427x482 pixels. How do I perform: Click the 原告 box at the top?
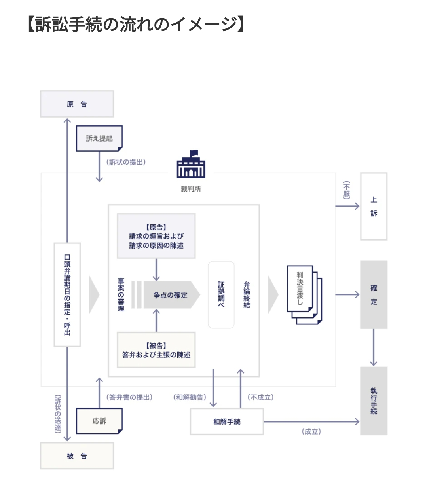tap(77, 104)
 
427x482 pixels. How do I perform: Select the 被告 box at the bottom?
tap(77, 455)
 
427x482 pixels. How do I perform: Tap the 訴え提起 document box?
tap(99, 138)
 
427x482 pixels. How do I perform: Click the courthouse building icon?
tap(191, 164)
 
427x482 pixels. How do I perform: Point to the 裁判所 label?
tap(191, 189)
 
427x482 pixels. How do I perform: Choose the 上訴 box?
tap(374, 206)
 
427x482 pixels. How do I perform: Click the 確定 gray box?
tap(374, 294)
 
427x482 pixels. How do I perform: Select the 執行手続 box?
tap(374, 401)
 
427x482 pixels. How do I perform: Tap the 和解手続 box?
tap(227, 421)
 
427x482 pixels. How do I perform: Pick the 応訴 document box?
tap(99, 421)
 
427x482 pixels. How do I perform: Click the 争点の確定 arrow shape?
tap(172, 295)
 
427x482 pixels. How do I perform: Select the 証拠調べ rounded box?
tap(221, 294)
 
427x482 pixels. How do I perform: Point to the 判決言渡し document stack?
tap(304, 294)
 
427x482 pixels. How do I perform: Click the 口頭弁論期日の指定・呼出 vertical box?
tap(67, 294)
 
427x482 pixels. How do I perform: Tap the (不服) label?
tap(347, 190)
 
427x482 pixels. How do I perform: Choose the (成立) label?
tap(311, 431)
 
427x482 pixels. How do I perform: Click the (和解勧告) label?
tap(190, 397)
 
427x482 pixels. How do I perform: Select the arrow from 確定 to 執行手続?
tap(374, 347)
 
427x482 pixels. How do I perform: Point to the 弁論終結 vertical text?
tap(247, 295)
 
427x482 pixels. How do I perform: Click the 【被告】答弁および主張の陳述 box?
tap(156, 350)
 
